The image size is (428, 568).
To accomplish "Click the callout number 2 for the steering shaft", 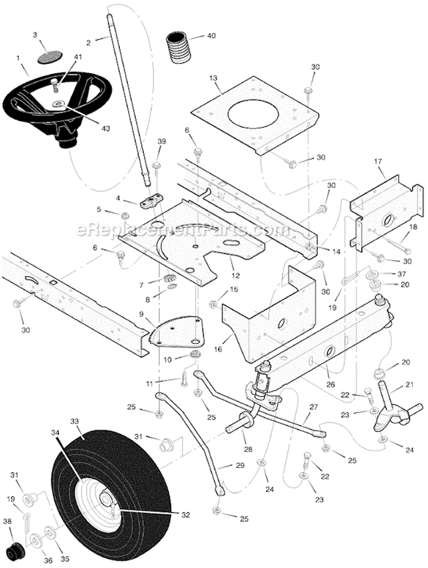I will tap(88, 42).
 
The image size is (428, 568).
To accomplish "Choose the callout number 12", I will tap(235, 275).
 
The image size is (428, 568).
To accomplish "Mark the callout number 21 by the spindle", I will tap(409, 385).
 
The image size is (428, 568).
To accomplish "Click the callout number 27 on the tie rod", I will tap(312, 407).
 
